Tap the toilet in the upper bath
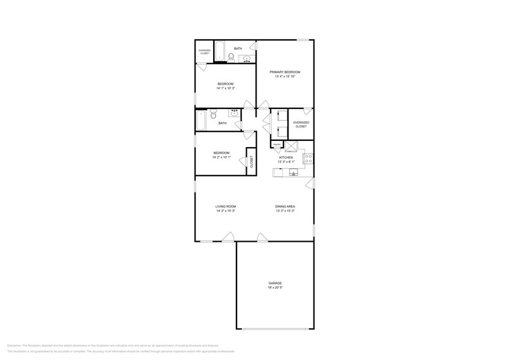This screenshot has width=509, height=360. tap(231, 58)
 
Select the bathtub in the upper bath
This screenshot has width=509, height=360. tap(219, 52)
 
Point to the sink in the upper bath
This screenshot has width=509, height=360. tap(247, 59)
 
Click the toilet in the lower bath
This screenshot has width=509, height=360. tap(213, 115)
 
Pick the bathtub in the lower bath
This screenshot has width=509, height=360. tap(201, 120)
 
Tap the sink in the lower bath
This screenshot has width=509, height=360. tap(234, 113)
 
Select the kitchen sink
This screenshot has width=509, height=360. tap(294, 173)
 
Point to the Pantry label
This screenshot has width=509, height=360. tap(277, 144)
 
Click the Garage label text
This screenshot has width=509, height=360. tap(275, 283)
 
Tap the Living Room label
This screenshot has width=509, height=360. tap(225, 206)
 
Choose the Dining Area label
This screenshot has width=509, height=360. tap(285, 206)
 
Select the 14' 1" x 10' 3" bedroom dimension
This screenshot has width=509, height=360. tap(225, 88)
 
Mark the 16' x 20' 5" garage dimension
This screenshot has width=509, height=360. tap(275, 287)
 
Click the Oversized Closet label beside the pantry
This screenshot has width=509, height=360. tap(301, 124)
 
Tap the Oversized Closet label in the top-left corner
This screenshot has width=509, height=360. tap(204, 52)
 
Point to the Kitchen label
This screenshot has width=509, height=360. tap(286, 157)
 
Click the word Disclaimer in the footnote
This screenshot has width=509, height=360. tap(14, 345)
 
